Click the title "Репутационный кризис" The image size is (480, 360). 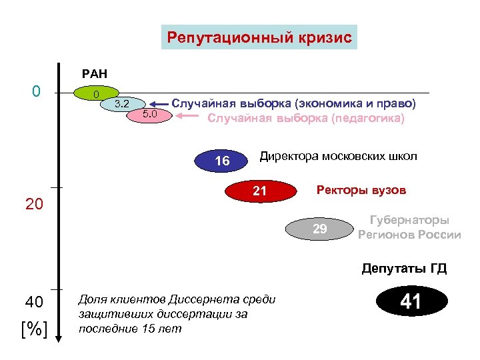point(259,37)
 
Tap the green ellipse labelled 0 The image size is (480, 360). point(97,93)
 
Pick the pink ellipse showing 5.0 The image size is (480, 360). point(149,115)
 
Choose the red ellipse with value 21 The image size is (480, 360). point(260,192)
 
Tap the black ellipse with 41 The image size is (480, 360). point(410,302)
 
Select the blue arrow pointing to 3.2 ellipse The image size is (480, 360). point(158,104)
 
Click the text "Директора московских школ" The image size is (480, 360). point(338,157)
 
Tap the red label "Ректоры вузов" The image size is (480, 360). point(361,190)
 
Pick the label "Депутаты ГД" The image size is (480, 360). point(404,269)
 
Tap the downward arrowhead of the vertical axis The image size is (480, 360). point(59,338)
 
